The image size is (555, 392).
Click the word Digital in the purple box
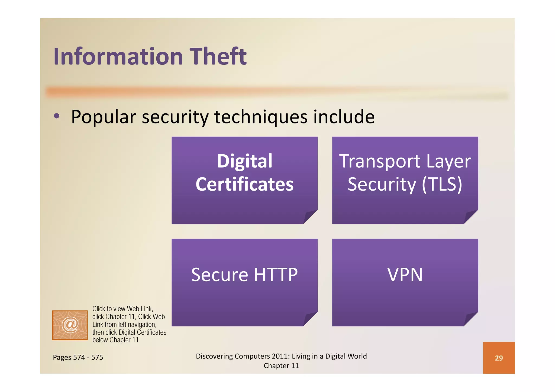[244, 161]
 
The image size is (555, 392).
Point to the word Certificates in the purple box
[244, 184]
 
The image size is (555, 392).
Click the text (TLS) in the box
[442, 184]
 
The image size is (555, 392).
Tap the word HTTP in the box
[276, 275]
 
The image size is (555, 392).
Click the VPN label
[405, 275]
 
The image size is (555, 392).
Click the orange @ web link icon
[70, 325]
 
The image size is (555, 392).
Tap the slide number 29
[499, 358]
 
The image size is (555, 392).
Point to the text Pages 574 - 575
[78, 357]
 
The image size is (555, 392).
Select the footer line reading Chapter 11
[281, 366]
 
